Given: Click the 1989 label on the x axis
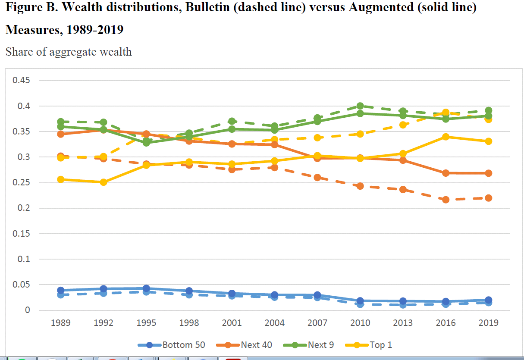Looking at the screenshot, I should (60, 323).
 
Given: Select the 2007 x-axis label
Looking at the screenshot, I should (317, 323).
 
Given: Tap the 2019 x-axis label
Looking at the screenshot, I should (488, 323).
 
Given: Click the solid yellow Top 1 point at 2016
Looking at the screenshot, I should (446, 137).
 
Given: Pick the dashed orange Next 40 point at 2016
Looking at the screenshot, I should (446, 200).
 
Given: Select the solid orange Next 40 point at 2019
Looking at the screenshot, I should (488, 173).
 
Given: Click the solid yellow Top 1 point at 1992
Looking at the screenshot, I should (103, 182).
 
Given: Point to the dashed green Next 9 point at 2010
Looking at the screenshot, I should (360, 106).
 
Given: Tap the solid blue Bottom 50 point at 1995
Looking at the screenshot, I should (146, 288).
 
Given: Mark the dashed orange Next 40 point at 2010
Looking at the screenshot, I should (360, 186).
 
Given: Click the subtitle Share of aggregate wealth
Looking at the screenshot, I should (69, 52).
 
